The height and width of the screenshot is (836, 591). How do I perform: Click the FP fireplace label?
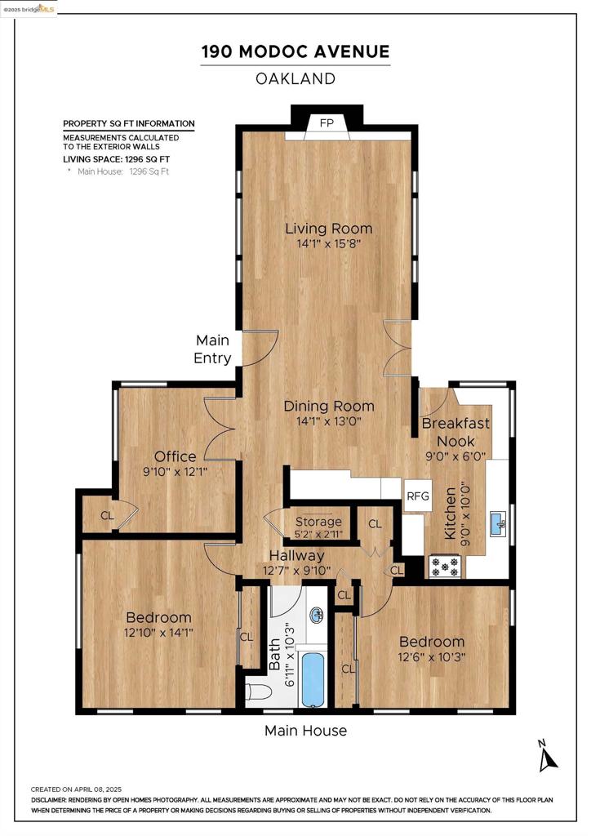click(327, 123)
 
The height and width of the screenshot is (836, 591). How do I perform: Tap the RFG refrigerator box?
click(417, 496)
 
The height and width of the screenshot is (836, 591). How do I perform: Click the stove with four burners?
click(445, 567)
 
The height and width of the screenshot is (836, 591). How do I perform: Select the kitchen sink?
click(498, 523)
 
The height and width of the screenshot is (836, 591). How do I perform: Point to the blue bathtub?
click(313, 678)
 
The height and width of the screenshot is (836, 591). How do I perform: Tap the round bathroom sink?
click(318, 616)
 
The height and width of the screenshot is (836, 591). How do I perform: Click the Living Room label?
click(329, 229)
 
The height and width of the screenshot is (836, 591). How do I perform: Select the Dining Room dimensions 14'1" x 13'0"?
click(329, 421)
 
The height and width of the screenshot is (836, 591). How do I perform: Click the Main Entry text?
click(212, 349)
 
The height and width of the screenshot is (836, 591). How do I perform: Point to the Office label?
click(175, 456)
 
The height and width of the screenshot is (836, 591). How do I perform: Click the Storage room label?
click(318, 522)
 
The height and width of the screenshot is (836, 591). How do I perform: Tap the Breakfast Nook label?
click(455, 432)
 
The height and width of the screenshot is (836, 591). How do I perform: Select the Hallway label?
click(296, 555)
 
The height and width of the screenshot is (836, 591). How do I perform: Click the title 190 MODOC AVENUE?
click(295, 51)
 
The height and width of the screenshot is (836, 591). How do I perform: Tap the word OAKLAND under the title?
click(295, 79)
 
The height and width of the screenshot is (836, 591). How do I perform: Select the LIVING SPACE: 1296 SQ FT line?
click(117, 159)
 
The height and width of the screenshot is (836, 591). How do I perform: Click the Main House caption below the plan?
click(305, 731)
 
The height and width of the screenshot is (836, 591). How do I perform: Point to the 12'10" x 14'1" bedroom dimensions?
click(158, 633)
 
